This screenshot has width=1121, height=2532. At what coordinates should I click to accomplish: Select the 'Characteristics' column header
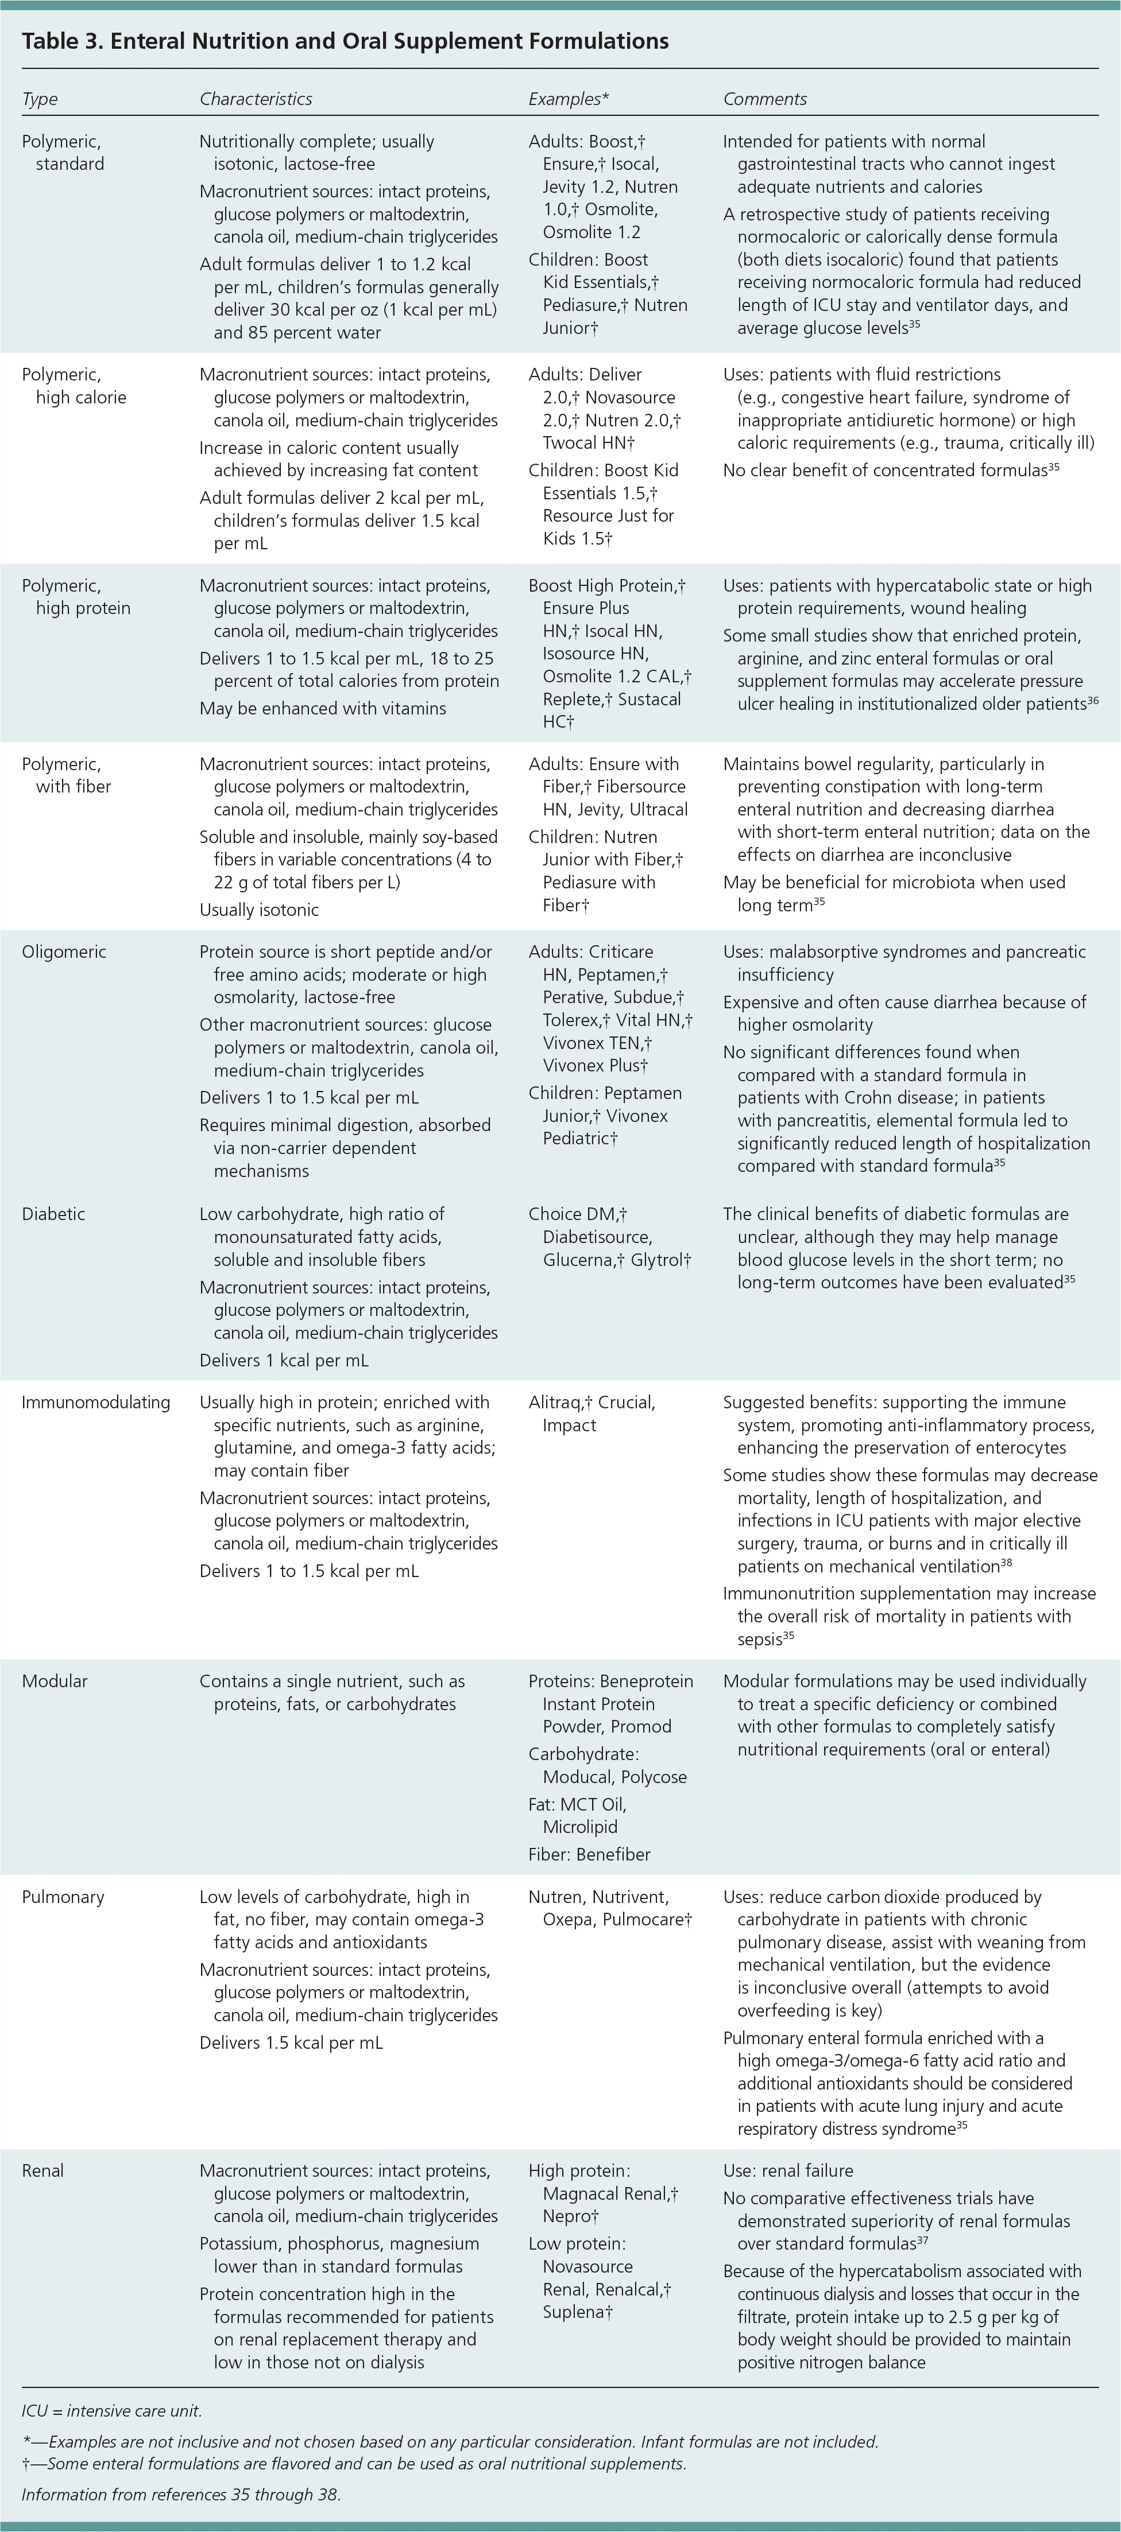[256, 99]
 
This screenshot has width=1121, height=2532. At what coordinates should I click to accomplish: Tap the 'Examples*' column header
[569, 99]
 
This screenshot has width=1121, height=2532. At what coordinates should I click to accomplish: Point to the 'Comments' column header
[765, 99]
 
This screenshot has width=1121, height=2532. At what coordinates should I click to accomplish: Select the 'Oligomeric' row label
[64, 952]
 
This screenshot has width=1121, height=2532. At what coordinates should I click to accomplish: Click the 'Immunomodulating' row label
[95, 1403]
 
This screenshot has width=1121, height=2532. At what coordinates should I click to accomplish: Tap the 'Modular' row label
[54, 1681]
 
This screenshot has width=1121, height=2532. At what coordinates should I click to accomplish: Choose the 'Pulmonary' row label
[63, 1897]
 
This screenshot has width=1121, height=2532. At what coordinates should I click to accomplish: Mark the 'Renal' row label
[42, 2170]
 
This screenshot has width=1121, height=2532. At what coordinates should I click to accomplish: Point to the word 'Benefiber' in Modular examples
[613, 1855]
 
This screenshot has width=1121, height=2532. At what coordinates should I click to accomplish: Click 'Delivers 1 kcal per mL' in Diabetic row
[284, 1360]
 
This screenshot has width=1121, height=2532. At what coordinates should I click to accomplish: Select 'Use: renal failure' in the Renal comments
[788, 2170]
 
